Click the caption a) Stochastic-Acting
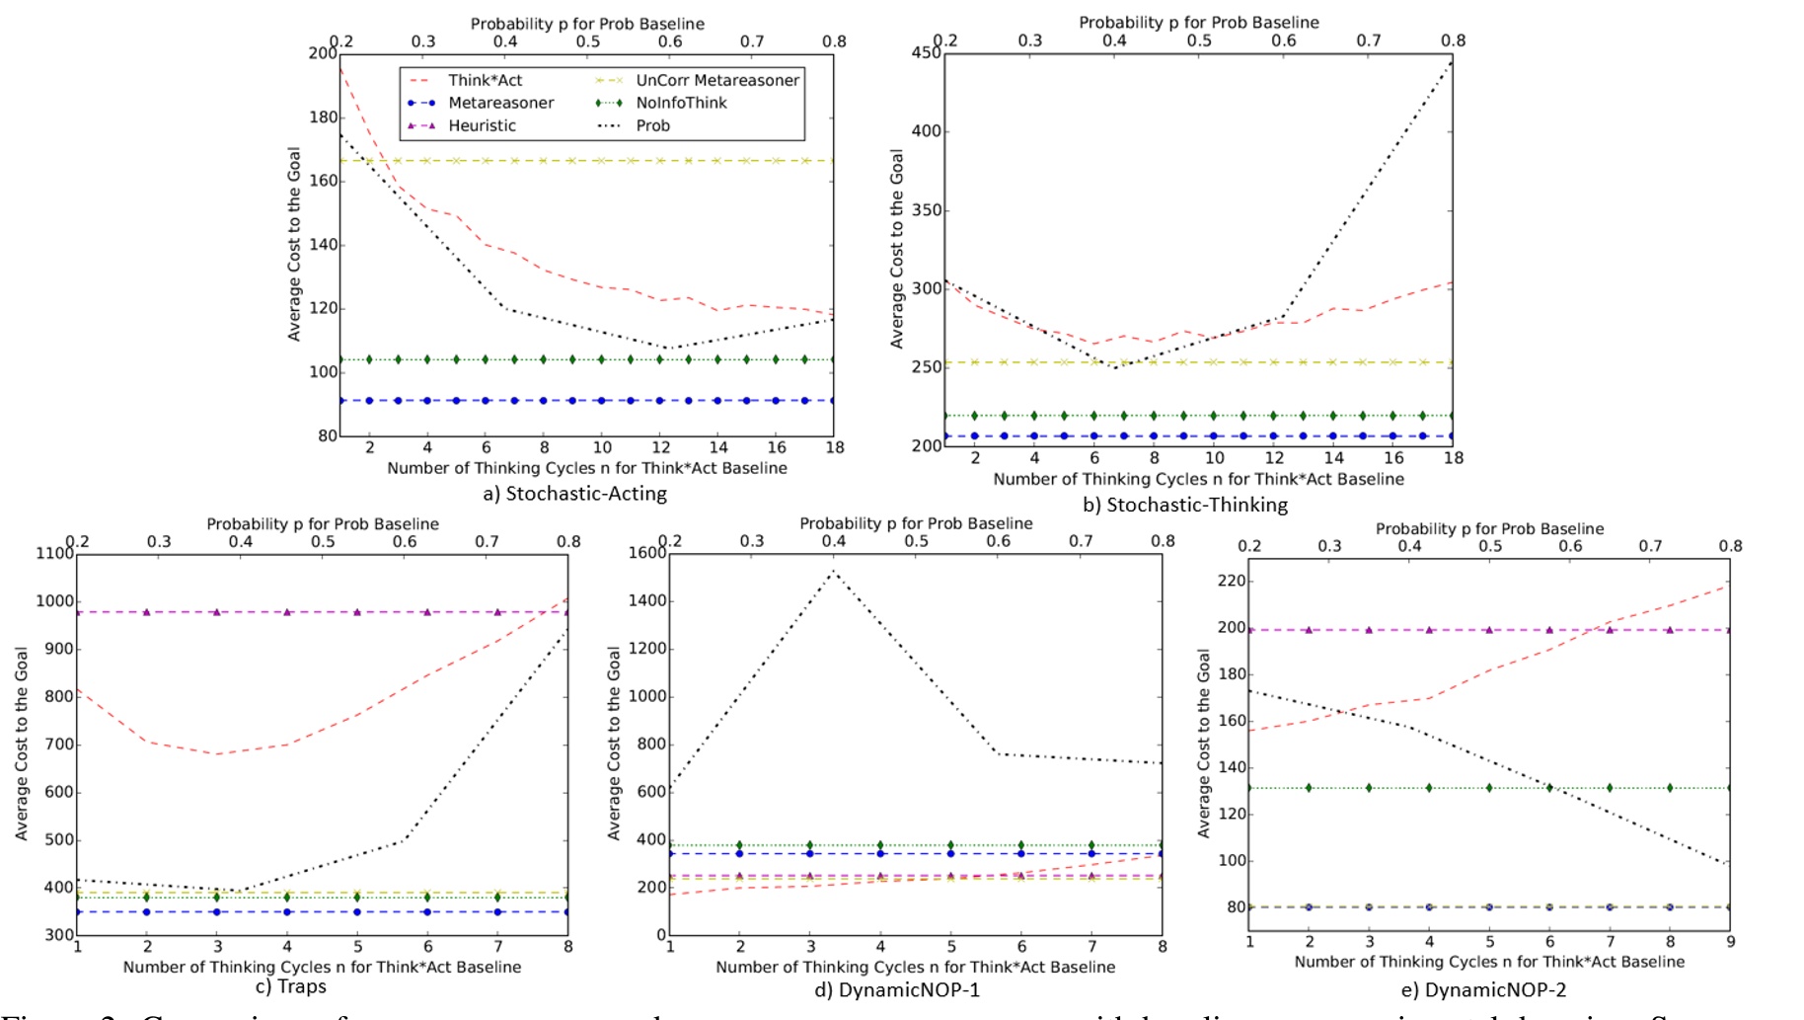coord(574,494)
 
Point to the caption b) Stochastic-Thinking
coord(1184,506)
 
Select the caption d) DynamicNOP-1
coord(896,990)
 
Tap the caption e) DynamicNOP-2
coord(1482,990)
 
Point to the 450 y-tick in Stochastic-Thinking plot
coord(925,52)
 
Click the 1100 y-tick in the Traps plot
coord(54,553)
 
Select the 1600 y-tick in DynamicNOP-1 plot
coord(647,552)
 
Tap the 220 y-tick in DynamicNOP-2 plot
coord(1232,581)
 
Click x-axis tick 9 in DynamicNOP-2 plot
coord(1730,942)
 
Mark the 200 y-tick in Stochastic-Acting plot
coord(322,52)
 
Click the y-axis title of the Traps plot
coord(21,744)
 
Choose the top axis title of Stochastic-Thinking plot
coord(1198,22)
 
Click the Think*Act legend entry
coord(484,80)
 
